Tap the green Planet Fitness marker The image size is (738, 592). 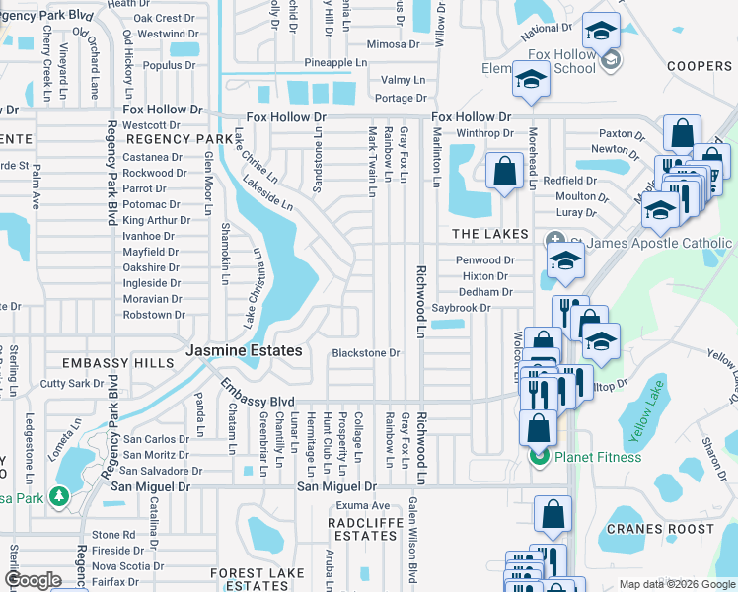(538, 457)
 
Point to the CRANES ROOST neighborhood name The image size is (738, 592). (660, 529)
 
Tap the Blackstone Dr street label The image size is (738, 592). (365, 353)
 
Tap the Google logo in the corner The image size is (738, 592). (33, 580)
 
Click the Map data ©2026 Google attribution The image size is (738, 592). (676, 584)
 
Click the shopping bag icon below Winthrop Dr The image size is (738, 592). (505, 170)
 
